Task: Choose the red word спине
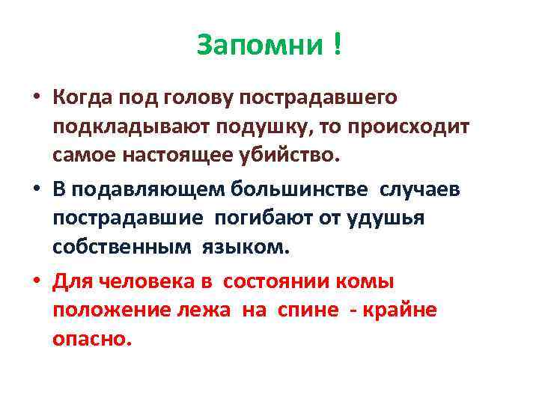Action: [300, 310]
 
